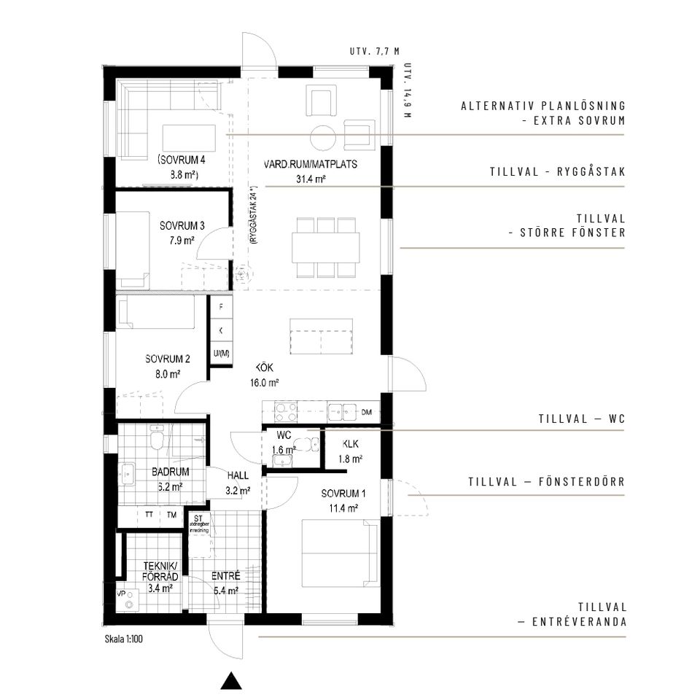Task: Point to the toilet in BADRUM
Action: point(156,440)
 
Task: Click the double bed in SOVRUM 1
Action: point(341,552)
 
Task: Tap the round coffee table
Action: point(323,136)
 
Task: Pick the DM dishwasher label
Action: point(366,413)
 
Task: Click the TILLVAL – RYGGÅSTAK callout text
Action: point(558,172)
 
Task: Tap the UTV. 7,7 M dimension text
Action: point(375,52)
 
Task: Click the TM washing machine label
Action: point(171,514)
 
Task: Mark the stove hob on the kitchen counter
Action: point(284,413)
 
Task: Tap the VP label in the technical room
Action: point(121,593)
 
